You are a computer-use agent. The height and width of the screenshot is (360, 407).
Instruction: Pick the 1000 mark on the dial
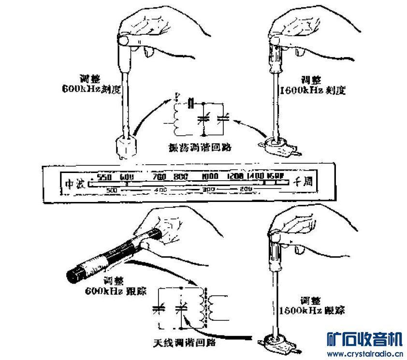(x=211, y=176)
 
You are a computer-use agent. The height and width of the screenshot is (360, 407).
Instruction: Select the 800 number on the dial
(x=181, y=176)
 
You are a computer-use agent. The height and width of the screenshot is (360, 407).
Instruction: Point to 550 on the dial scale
(x=104, y=176)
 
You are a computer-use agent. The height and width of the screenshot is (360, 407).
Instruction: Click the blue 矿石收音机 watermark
(x=364, y=340)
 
